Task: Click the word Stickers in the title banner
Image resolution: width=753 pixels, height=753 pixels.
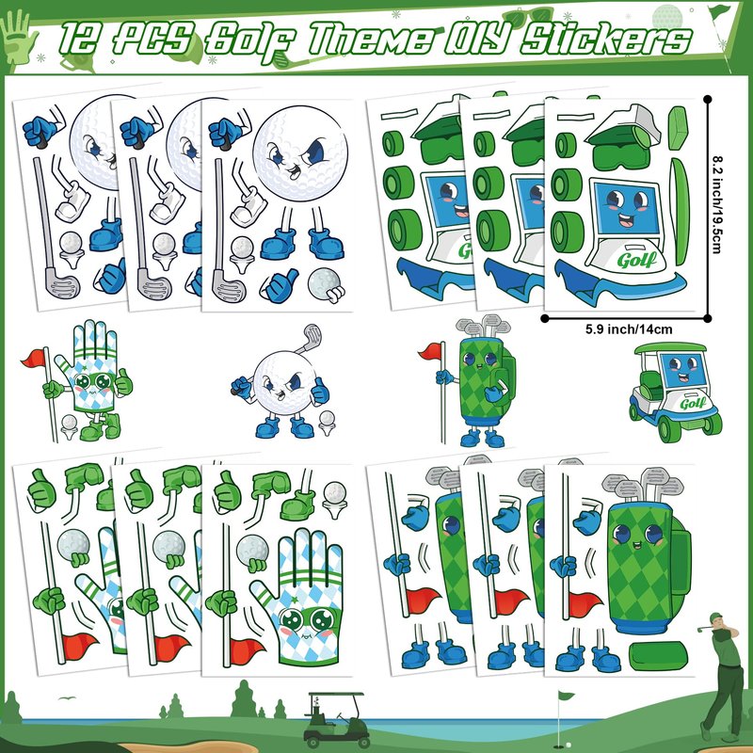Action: [606, 39]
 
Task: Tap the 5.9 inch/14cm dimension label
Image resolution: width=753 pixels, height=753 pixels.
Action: [629, 329]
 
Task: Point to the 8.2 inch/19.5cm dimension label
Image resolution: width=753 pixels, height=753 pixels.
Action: [717, 204]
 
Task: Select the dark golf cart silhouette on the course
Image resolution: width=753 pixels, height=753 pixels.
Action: [335, 719]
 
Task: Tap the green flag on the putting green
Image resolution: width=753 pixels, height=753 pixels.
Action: [566, 696]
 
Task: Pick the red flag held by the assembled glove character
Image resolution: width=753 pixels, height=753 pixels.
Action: [34, 358]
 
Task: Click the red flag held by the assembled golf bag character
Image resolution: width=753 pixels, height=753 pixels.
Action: [430, 351]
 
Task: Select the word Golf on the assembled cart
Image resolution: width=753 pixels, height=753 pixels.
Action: [693, 403]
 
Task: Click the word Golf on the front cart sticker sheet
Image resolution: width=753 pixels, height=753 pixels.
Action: [637, 261]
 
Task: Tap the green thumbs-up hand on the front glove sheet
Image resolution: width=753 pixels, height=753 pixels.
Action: [227, 490]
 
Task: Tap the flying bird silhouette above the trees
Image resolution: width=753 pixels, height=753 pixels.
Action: [67, 698]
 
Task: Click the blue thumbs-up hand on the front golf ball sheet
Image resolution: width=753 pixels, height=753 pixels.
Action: [280, 286]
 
